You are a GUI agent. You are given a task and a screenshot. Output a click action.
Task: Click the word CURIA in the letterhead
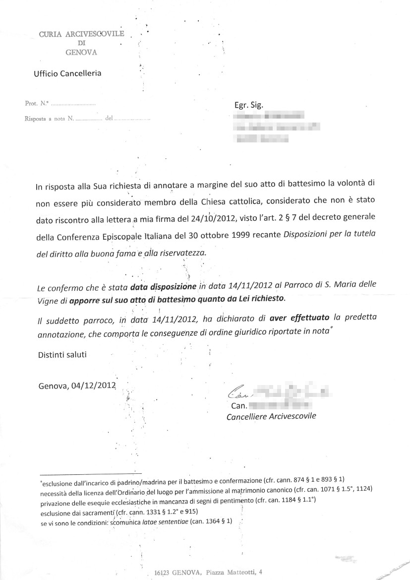click(x=49, y=34)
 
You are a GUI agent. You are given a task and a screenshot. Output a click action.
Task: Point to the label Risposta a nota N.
click(x=49, y=119)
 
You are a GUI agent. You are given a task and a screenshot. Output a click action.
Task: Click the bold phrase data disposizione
click(x=163, y=286)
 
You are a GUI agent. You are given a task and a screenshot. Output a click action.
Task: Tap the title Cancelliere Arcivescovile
click(x=271, y=417)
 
